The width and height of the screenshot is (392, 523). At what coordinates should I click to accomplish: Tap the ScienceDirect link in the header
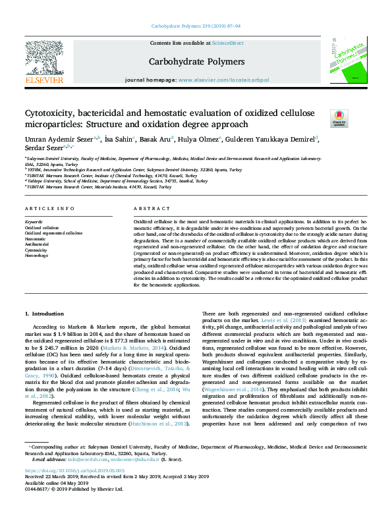(228, 43)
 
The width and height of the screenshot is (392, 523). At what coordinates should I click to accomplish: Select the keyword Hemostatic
(36, 239)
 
